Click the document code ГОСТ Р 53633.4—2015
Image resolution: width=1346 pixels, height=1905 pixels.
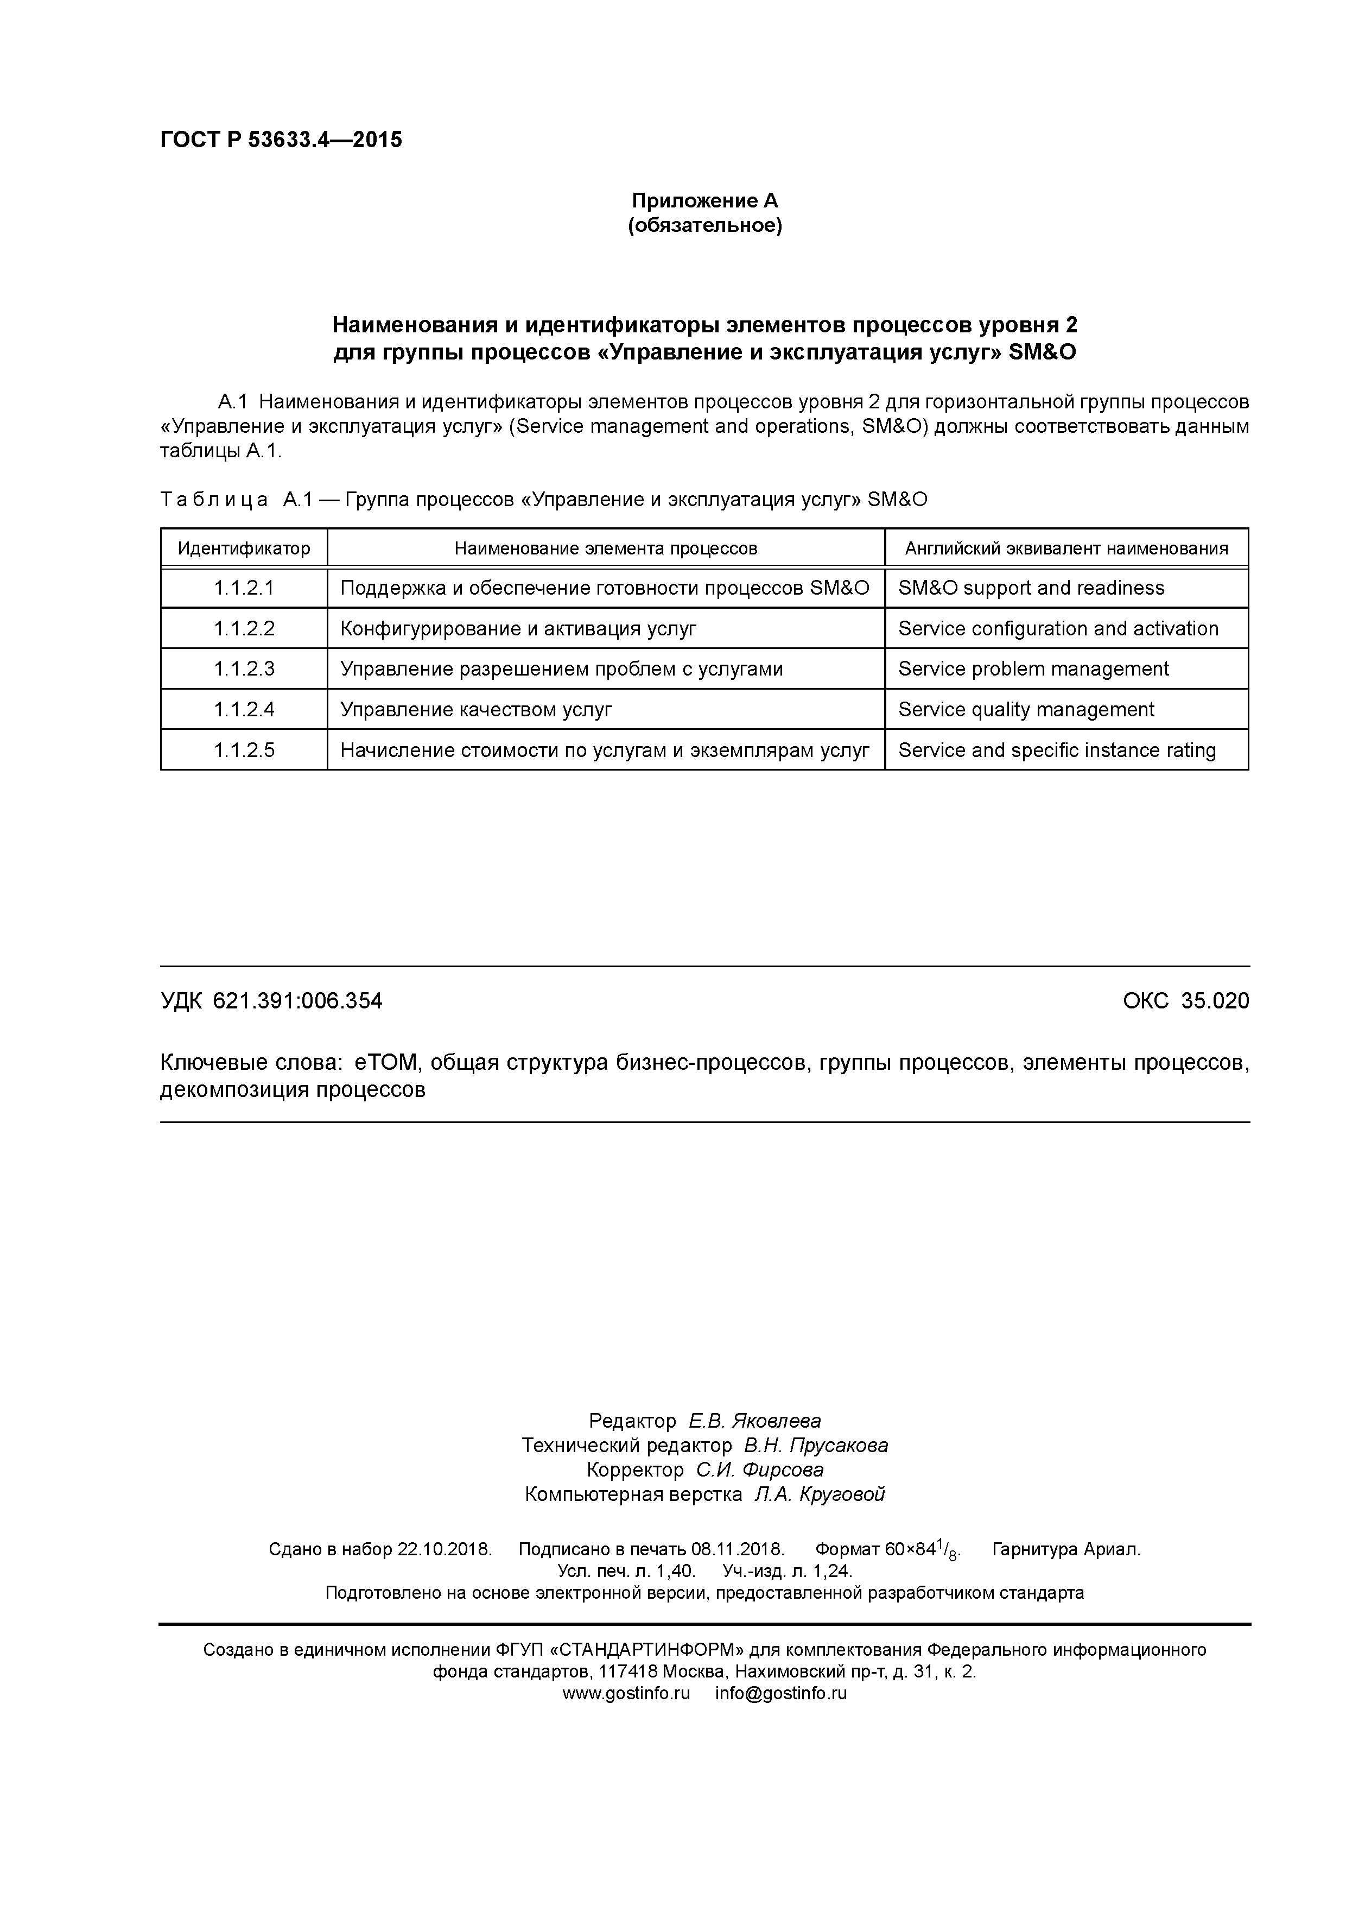[280, 140]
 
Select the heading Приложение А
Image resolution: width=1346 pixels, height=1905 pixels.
[705, 201]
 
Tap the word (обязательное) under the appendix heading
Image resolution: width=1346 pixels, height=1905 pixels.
[705, 226]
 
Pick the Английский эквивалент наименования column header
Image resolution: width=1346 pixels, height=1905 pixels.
[1066, 548]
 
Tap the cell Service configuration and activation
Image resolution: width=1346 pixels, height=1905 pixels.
[1058, 629]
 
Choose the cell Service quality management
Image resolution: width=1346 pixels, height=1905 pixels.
[1026, 709]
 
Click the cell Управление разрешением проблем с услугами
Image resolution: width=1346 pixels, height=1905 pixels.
[561, 668]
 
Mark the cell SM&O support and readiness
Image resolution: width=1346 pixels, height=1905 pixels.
[1031, 588]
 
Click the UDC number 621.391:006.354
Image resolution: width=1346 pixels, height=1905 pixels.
[298, 1001]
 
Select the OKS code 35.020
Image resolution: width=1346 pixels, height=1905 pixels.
[1215, 1001]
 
